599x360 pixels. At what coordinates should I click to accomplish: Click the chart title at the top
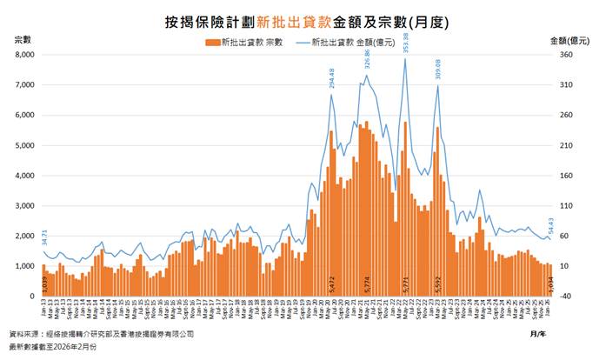299,18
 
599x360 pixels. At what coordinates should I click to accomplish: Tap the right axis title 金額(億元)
569,41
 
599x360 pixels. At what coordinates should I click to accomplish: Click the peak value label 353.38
406,43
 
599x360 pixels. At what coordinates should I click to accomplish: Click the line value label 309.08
438,70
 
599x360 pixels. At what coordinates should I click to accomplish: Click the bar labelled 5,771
405,209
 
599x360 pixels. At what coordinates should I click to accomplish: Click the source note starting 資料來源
101,333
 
